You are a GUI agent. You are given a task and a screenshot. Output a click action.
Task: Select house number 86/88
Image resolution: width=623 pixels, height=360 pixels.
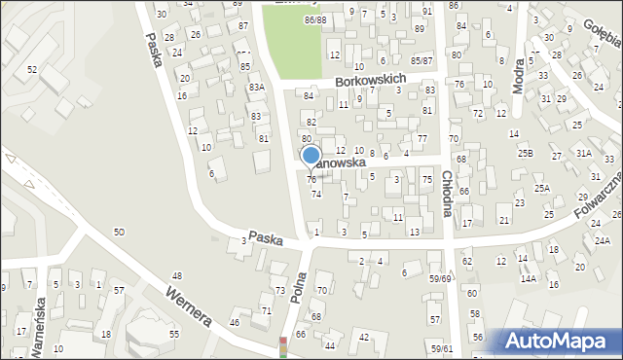314,20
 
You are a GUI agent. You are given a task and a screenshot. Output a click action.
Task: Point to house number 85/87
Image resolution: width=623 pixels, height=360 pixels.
421,60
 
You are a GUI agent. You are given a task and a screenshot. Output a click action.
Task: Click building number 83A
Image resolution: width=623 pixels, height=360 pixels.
256,88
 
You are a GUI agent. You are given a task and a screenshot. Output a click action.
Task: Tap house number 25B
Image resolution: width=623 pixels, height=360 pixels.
525,153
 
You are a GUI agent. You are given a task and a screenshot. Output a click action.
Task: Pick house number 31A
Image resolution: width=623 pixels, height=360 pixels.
583,153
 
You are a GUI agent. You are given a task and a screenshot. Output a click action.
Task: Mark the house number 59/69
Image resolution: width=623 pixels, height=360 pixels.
440,279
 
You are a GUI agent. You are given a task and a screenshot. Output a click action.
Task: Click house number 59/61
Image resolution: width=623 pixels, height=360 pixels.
442,348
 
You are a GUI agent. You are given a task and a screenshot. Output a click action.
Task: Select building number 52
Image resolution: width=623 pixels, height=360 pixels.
32,69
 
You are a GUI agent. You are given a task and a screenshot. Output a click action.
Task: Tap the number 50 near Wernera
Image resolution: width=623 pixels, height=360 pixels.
119,232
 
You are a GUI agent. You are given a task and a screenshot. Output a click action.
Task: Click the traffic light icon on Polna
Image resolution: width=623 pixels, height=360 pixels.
283,347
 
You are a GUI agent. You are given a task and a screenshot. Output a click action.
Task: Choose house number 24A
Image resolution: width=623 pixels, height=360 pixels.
602,240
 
